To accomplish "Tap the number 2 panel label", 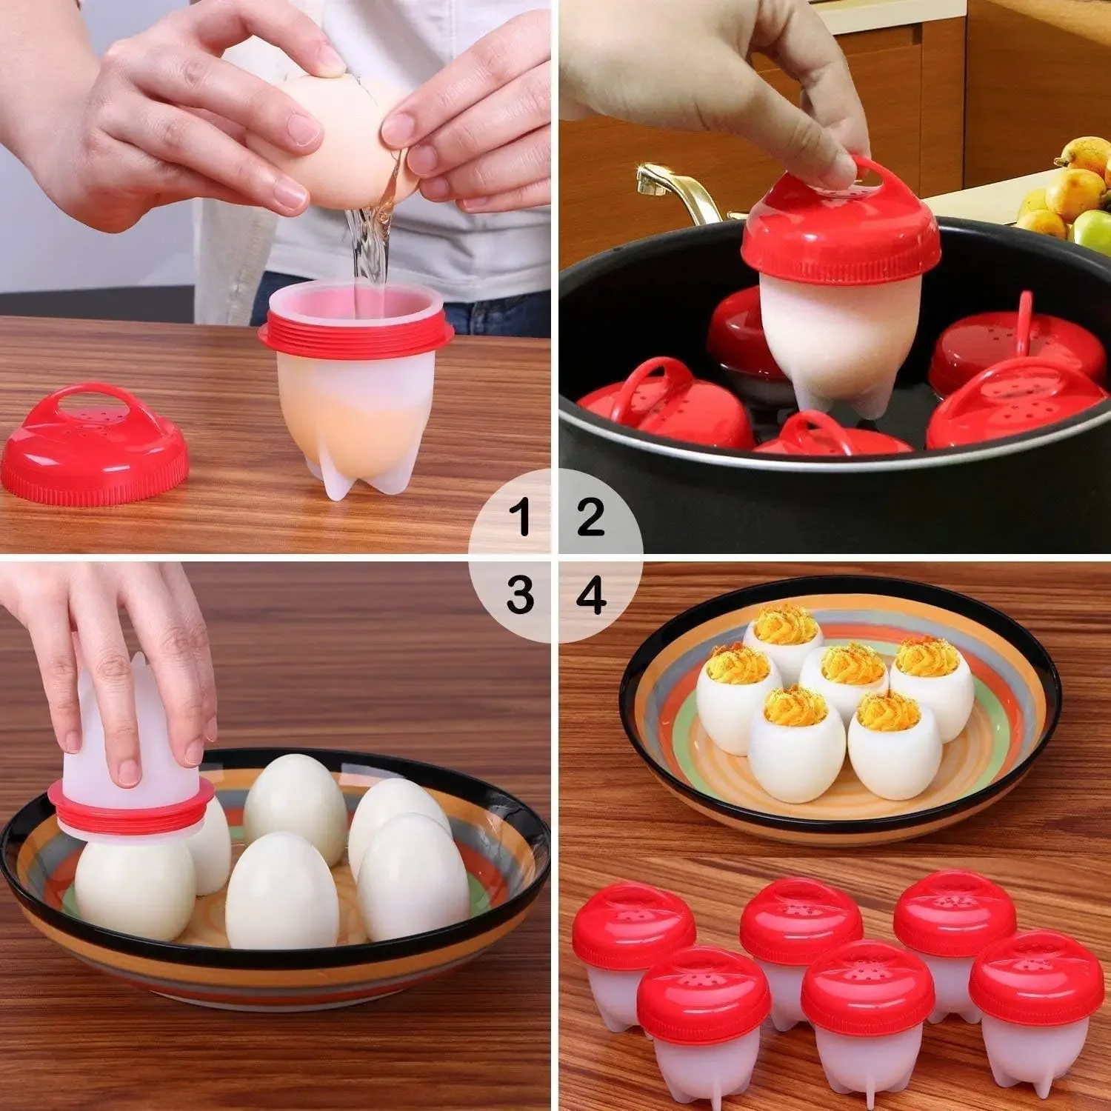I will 590,516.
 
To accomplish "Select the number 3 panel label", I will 521,594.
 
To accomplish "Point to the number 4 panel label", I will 591,594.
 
